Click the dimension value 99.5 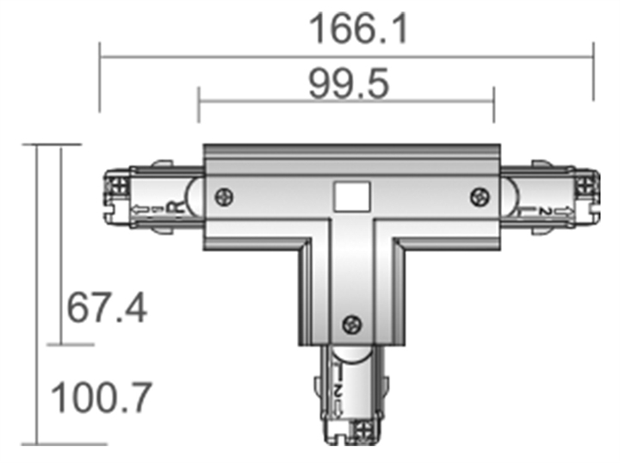[349, 84]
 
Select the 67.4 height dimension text [108, 307]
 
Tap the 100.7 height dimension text [102, 398]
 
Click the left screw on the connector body [223, 196]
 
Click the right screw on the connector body [479, 196]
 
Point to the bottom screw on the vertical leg [351, 324]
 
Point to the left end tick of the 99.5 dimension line [199, 102]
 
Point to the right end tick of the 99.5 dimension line [493, 102]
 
